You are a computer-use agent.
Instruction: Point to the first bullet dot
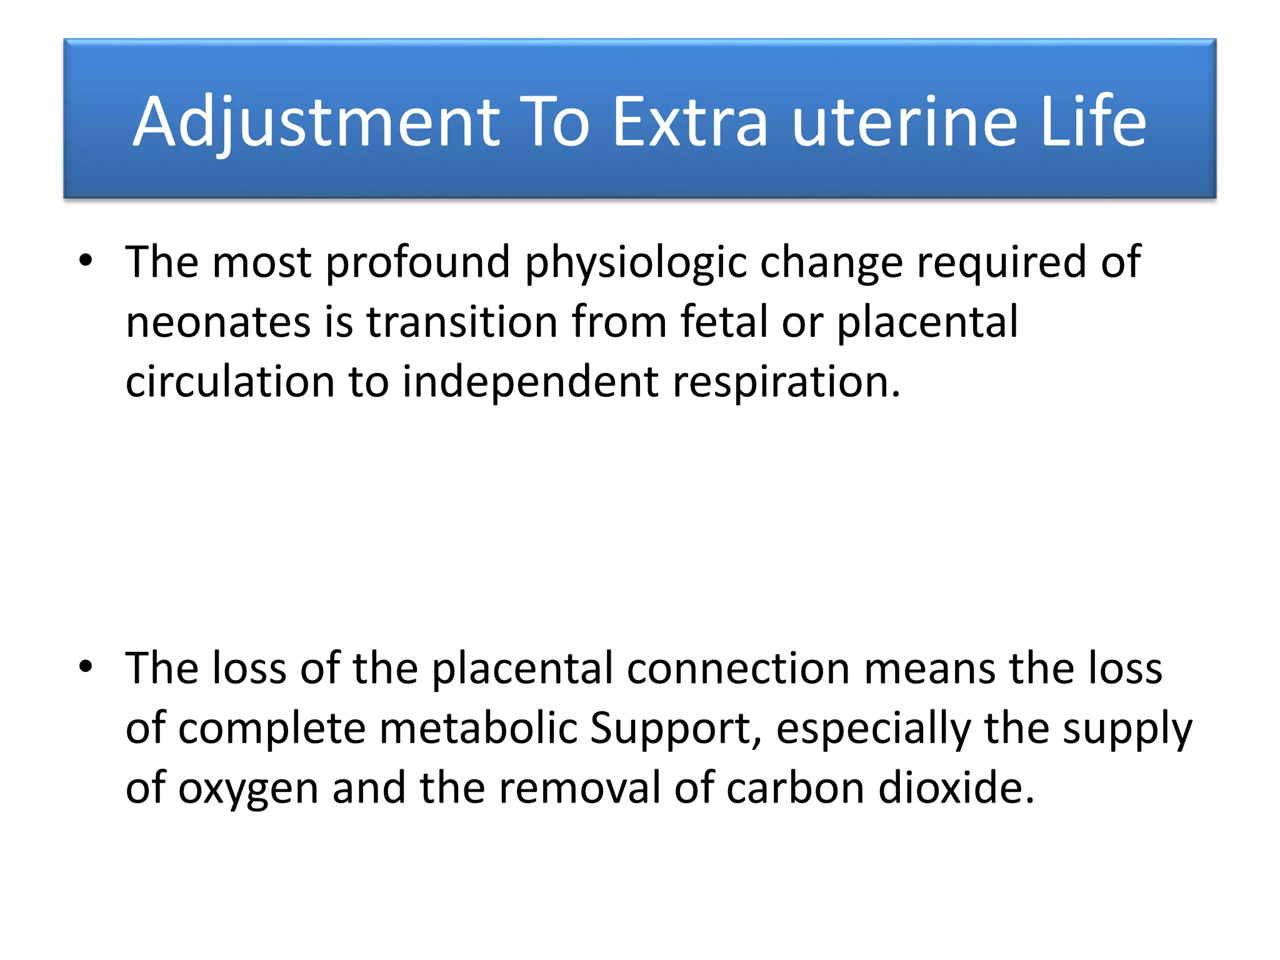coord(86,260)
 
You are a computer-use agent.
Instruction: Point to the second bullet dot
coord(86,666)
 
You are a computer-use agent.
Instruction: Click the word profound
coord(417,262)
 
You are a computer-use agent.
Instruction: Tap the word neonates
coord(218,322)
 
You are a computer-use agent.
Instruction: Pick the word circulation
coord(230,382)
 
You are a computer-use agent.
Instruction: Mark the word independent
coord(530,382)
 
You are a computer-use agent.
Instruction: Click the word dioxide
coord(956,788)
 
